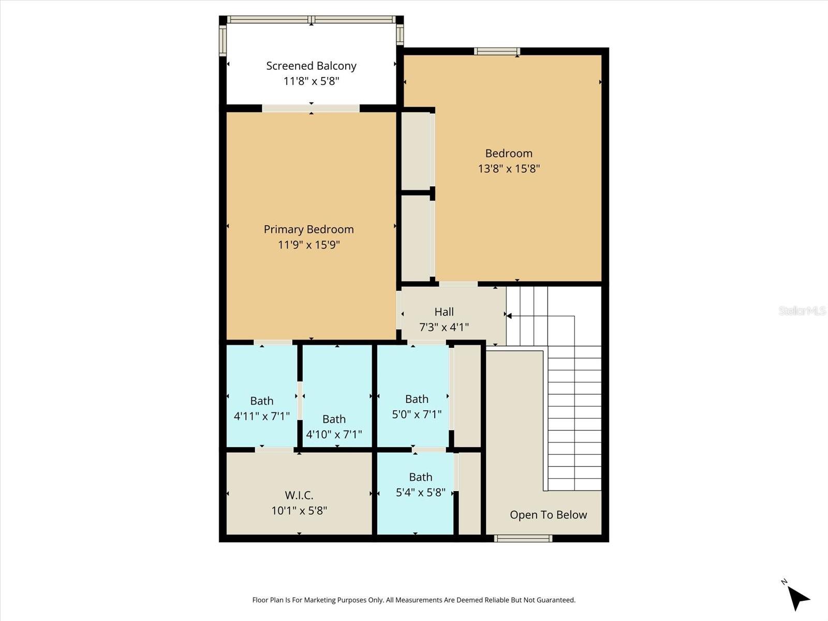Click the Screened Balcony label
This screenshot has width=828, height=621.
click(x=311, y=66)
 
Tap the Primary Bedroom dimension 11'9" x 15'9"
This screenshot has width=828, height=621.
click(x=309, y=245)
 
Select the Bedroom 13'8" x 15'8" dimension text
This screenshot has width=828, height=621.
click(x=509, y=169)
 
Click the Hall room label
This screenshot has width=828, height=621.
click(x=444, y=312)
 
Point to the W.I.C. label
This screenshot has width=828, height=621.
click(x=299, y=495)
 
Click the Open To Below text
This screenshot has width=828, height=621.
click(x=548, y=515)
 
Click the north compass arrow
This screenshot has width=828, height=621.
click(x=798, y=598)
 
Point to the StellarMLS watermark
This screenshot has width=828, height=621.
click(x=802, y=310)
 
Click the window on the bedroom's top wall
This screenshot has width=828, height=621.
click(x=497, y=51)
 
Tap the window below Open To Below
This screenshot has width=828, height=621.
click(x=523, y=539)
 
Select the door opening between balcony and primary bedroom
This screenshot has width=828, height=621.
click(x=310, y=108)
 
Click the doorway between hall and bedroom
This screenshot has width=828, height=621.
click(x=459, y=284)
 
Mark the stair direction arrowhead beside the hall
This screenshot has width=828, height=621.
click(x=509, y=316)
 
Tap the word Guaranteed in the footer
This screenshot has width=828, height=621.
click(x=556, y=600)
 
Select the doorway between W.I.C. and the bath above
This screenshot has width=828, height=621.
click(x=274, y=450)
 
